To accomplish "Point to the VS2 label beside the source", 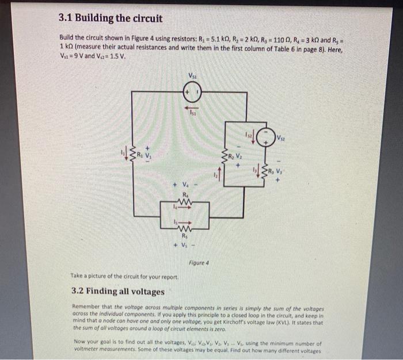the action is (x=281, y=138).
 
